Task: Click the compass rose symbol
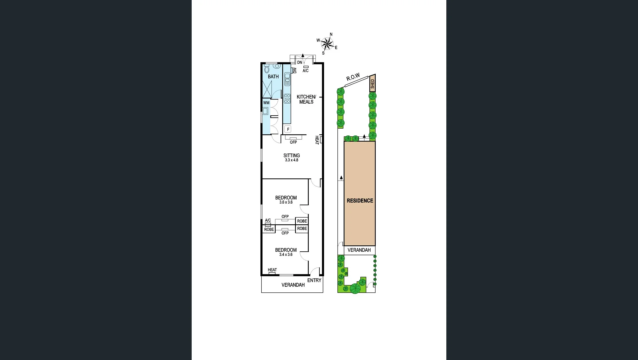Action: pos(327,43)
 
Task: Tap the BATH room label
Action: pos(273,77)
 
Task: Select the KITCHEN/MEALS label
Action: pos(306,99)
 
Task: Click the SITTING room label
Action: pos(291,155)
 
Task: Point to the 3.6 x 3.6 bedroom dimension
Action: pos(286,202)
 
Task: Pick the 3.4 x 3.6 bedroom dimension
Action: pos(286,255)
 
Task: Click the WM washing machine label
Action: pos(266,103)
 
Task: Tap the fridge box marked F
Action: pos(288,129)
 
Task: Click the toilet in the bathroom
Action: pos(267,69)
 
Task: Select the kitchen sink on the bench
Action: pos(287,79)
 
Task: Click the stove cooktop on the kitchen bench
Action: pos(287,99)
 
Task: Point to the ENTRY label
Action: pos(314,280)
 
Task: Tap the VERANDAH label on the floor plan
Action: pos(293,285)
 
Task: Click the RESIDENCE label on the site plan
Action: pos(360,201)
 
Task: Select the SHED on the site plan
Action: pos(372,84)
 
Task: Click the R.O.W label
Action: pos(353,77)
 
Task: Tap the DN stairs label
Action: pos(299,62)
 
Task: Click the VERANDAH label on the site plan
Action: pos(359,250)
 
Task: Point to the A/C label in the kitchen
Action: pos(305,71)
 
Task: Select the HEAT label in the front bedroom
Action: pos(272,270)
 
